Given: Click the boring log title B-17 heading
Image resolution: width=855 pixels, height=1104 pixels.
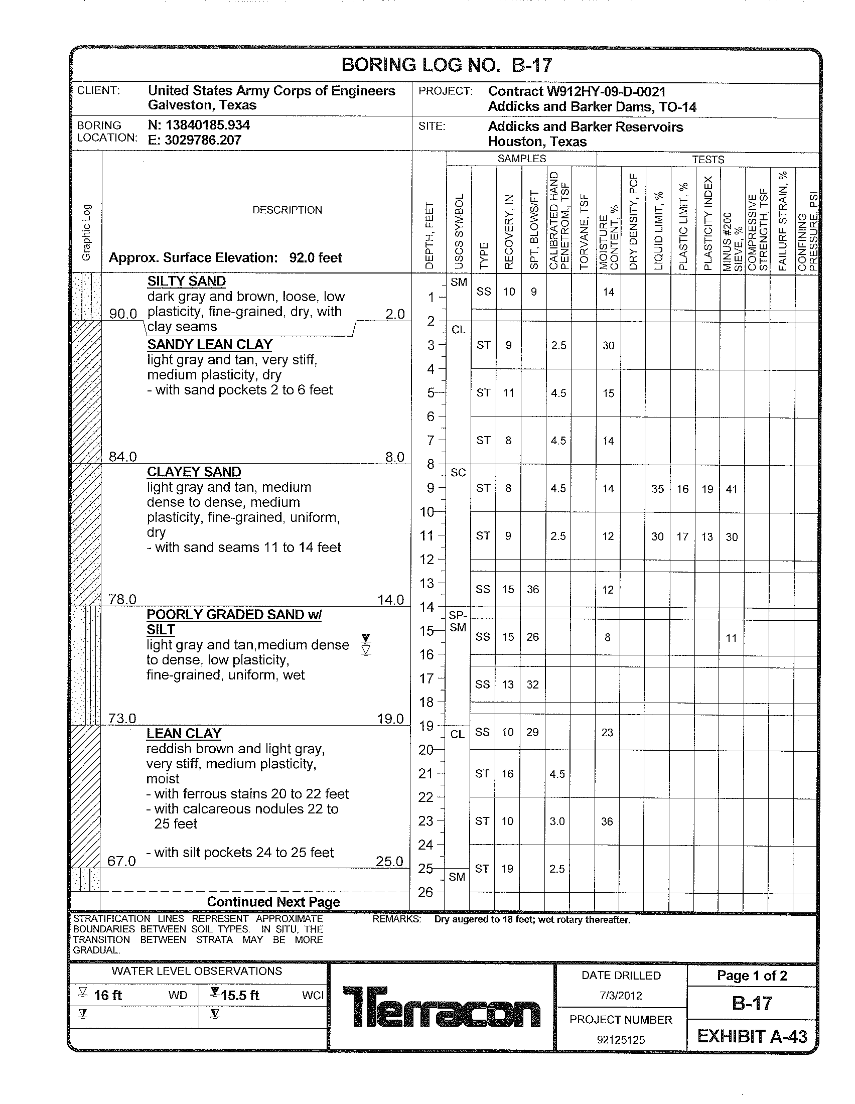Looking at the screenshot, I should [447, 65].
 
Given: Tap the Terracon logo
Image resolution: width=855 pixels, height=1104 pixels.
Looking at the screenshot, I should [442, 1007].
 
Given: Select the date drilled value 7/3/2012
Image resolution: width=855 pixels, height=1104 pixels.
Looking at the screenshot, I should [621, 996].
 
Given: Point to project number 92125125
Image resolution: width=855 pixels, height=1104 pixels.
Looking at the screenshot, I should [621, 1040].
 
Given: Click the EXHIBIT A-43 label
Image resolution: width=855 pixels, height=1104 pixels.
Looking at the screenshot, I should [752, 1036].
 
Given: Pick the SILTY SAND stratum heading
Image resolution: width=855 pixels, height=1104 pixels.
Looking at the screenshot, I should [187, 281].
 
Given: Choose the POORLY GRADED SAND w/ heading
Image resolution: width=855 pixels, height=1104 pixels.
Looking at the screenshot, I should [234, 615].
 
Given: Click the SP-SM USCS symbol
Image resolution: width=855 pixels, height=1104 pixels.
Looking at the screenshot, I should [458, 621].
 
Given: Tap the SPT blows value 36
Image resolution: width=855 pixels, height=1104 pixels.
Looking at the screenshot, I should [532, 590].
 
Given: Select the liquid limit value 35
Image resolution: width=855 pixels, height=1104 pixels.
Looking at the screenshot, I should [657, 489].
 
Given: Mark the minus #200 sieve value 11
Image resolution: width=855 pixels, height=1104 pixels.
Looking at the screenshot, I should [731, 638].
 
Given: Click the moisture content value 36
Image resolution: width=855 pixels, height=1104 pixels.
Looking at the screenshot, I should [607, 821].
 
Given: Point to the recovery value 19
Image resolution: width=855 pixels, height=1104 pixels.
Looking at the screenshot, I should [507, 869].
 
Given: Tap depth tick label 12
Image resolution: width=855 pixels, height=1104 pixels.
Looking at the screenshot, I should [427, 560].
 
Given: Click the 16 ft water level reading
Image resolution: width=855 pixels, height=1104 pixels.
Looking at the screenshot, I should [108, 995].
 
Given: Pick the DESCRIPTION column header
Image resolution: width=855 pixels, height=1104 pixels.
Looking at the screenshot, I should [287, 210].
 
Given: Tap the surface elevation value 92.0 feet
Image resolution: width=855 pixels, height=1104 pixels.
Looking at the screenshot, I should [315, 258].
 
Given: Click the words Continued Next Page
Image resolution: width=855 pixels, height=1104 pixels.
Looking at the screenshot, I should [273, 902].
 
